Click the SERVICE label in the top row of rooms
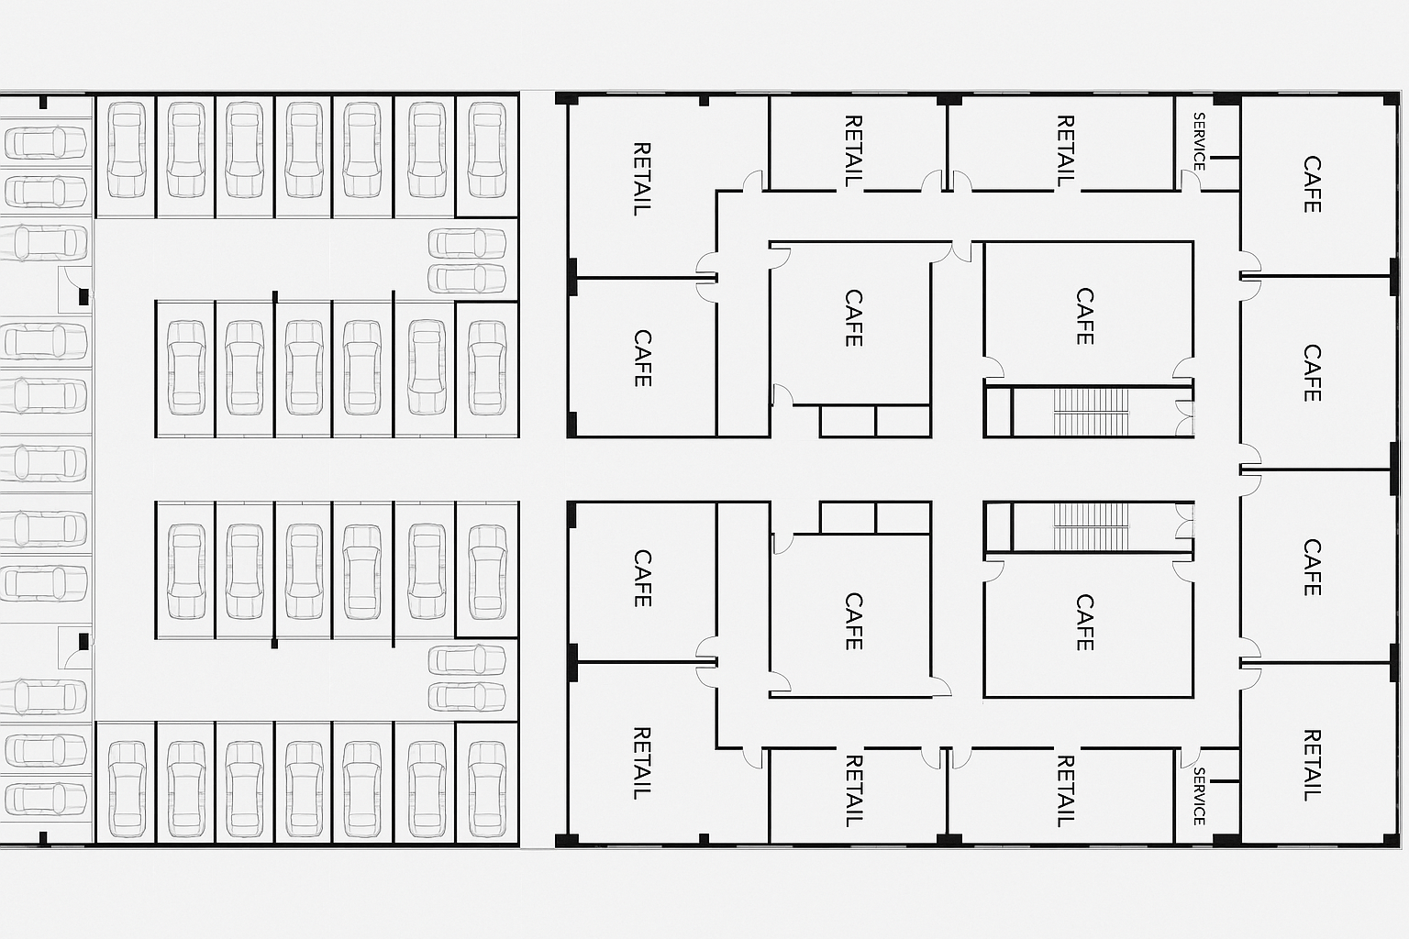coord(1199,141)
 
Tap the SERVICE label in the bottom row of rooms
coord(1199,796)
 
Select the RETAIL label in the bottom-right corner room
coord(1313,765)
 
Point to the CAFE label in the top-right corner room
coord(1313,184)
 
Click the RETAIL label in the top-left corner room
coord(642,178)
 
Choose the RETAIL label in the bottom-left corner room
coord(642,763)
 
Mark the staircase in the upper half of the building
coord(1091,411)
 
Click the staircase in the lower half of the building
coord(1091,526)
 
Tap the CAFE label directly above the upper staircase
coord(1085,316)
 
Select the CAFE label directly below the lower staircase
coord(1085,623)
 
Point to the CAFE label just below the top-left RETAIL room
coord(642,358)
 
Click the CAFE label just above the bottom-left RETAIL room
coord(642,578)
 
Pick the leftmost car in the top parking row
coord(127,150)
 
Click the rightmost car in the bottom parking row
coord(487,790)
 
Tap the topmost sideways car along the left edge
coord(45,142)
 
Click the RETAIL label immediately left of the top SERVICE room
coord(1065,151)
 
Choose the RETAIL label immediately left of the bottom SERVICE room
coord(1065,790)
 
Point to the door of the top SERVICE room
coord(1191,181)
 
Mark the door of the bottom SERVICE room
coord(1191,758)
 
